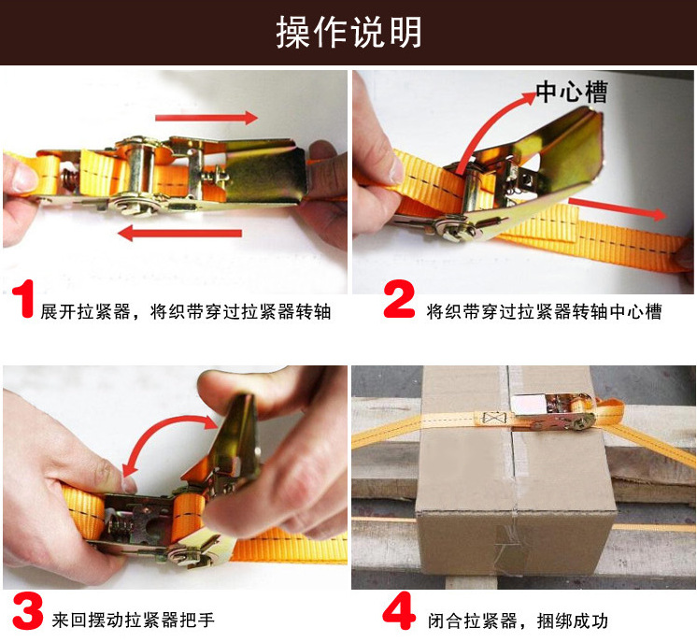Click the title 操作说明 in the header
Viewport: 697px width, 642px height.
coord(348,32)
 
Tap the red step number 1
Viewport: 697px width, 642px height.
coord(23,298)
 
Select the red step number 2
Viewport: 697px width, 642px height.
coord(399,298)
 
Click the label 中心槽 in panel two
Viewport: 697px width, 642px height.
coord(572,92)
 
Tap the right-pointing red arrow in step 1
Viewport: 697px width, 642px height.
coord(206,118)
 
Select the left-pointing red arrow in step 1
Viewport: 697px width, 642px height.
coord(180,233)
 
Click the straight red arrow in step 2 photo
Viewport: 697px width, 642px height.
coord(618,209)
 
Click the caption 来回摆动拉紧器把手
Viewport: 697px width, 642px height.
coord(133,620)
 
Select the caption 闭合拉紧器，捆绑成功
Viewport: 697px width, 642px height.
coord(518,621)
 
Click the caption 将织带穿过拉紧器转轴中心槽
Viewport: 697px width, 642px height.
coord(544,312)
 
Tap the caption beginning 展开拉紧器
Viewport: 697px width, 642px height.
coord(185,312)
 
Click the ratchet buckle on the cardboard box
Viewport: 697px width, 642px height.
coord(553,412)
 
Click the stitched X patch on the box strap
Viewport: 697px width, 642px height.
coord(491,419)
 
